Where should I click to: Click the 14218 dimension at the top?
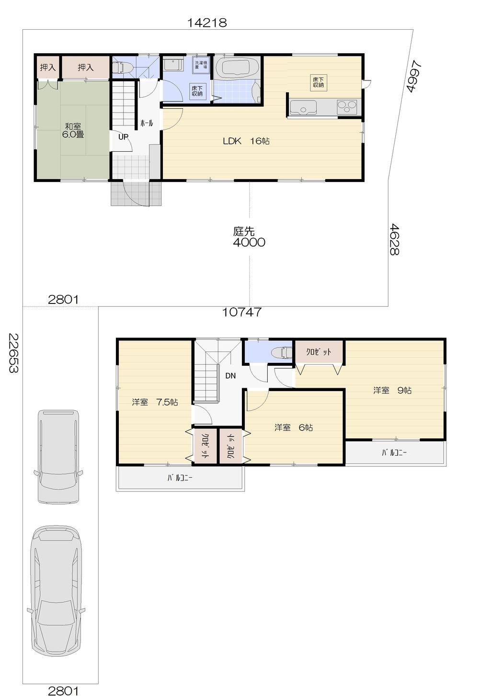(x=207, y=22)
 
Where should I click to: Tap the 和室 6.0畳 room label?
(x=73, y=130)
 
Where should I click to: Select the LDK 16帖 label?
(x=246, y=141)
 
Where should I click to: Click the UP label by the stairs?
(x=123, y=137)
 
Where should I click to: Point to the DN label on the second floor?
(x=230, y=376)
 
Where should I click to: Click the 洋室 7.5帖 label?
(x=155, y=402)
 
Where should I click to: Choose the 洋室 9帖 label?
(x=392, y=390)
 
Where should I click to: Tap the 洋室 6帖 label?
(x=294, y=427)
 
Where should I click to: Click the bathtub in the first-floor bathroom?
(x=237, y=67)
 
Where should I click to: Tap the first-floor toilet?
(x=122, y=68)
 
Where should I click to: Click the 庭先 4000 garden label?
(x=249, y=237)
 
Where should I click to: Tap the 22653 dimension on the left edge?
(x=13, y=353)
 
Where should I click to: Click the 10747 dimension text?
(x=242, y=312)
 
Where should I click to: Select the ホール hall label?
(x=147, y=123)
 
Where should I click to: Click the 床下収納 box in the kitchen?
(x=319, y=82)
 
